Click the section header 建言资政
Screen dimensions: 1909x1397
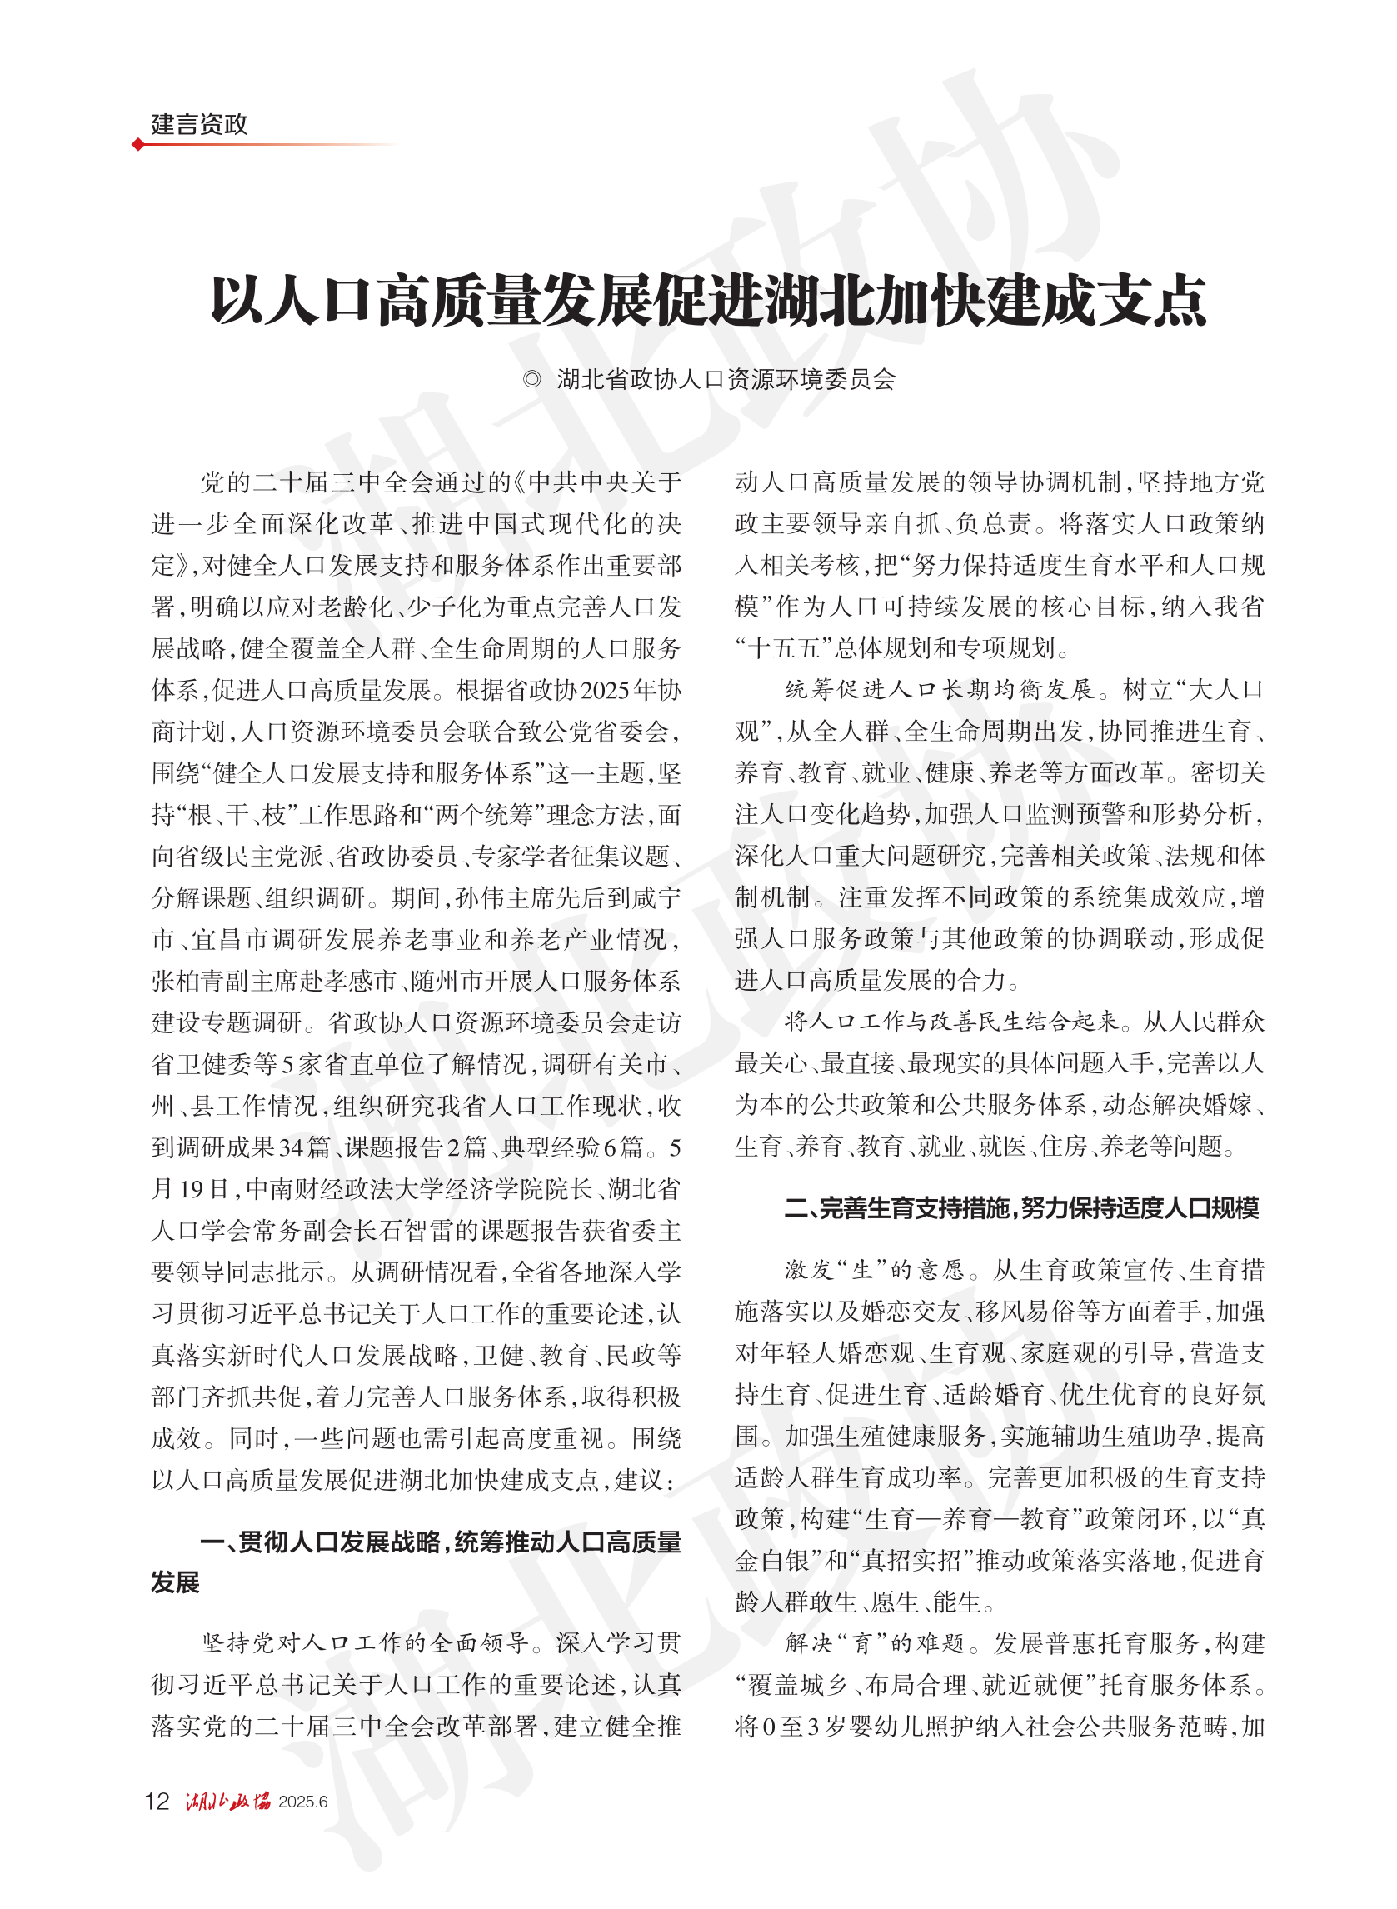point(199,124)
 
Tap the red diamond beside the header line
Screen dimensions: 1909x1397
point(137,145)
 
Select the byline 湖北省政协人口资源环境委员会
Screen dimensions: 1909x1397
point(726,380)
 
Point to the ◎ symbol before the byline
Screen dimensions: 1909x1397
point(531,380)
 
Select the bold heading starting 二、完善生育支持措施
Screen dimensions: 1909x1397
point(1021,1208)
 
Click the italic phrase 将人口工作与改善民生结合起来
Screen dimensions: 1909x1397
point(950,1022)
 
